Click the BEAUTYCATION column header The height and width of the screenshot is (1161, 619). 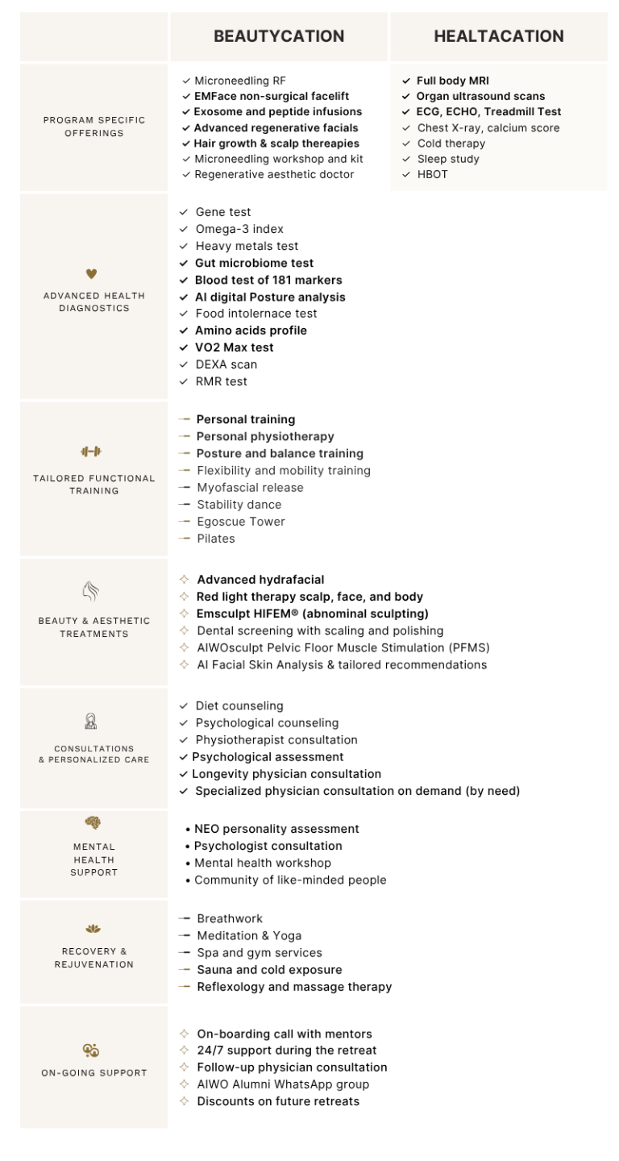click(278, 36)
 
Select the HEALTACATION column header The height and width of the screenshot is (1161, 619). click(498, 36)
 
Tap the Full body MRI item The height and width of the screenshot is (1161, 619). click(452, 81)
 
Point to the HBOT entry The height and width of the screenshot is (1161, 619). click(432, 174)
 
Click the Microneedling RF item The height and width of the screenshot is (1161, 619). click(239, 81)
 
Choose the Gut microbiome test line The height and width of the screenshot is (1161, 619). click(254, 263)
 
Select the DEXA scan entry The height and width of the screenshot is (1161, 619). click(226, 364)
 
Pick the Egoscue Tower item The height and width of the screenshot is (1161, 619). click(240, 522)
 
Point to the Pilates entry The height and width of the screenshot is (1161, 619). click(215, 539)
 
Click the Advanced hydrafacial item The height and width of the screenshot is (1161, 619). click(260, 580)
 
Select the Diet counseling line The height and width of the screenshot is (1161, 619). click(239, 705)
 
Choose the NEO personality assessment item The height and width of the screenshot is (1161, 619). click(276, 829)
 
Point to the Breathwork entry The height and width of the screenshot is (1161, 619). click(229, 918)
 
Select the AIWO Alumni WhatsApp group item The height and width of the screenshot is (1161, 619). click(283, 1084)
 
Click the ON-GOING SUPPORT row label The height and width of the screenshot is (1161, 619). click(93, 1073)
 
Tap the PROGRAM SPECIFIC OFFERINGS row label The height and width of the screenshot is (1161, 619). click(93, 127)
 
